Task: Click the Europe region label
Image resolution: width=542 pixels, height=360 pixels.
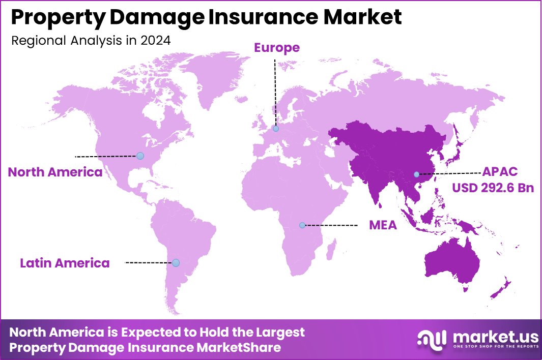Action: tap(277, 48)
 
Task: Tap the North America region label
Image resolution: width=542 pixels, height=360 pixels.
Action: tap(55, 172)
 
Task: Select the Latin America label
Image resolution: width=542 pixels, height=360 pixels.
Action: tap(65, 263)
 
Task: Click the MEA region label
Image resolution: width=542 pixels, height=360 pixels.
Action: tap(383, 225)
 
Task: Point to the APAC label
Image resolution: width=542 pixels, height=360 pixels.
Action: tap(500, 172)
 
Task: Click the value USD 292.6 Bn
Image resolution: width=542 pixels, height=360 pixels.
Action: tap(493, 188)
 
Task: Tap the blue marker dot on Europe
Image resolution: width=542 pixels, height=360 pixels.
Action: tap(275, 129)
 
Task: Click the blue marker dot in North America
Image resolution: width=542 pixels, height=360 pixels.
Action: tap(140, 156)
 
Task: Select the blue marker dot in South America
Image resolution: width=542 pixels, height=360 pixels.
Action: tap(176, 263)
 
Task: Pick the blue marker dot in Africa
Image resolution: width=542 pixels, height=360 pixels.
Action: tap(302, 225)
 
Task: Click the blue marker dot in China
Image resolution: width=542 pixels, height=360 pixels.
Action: tap(416, 174)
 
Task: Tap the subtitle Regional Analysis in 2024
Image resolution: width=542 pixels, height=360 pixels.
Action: tap(91, 41)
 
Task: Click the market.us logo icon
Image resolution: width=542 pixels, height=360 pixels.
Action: tap(432, 339)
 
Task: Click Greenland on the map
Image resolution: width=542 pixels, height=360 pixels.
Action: tap(214, 76)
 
